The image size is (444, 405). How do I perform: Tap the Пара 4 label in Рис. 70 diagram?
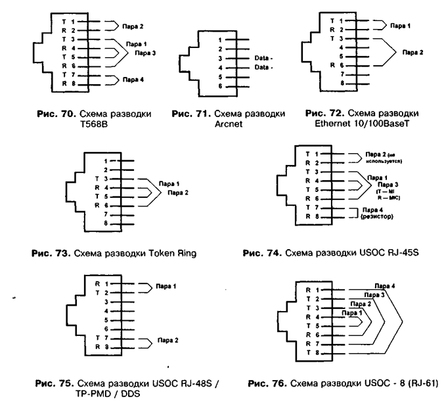pos(133,80)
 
